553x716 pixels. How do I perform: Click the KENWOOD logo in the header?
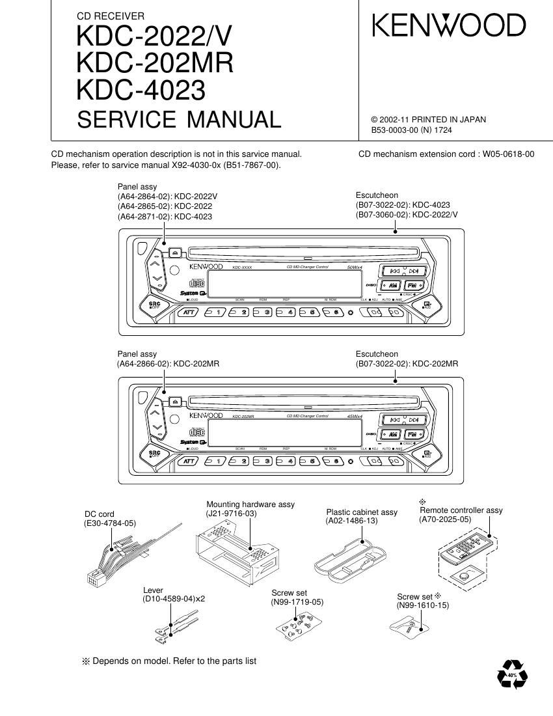coord(449,26)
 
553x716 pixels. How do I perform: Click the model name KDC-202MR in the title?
coord(155,62)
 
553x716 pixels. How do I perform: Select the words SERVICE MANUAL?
coord(179,120)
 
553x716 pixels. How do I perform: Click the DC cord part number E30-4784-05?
coord(110,523)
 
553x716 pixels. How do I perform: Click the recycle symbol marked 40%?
coord(512,675)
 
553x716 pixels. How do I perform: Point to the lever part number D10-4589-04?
coord(169,599)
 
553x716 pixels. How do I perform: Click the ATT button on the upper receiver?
coord(189,312)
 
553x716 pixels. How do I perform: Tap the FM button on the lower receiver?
coord(412,434)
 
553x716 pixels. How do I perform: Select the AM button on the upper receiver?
coord(392,285)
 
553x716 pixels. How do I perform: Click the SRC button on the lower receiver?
coord(155,453)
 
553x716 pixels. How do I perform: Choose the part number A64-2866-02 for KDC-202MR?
coord(144,364)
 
